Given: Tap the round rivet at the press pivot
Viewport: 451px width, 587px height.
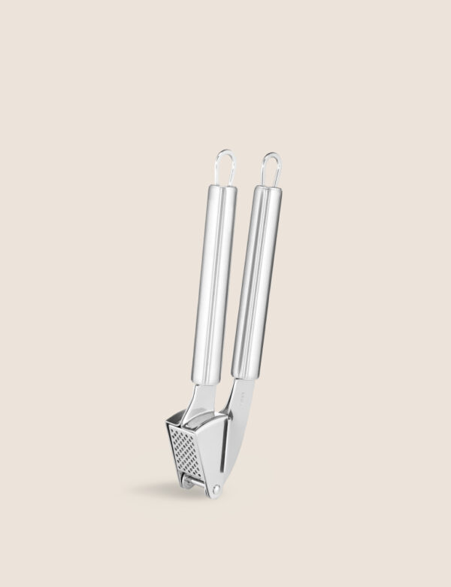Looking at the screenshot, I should (x=216, y=490).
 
